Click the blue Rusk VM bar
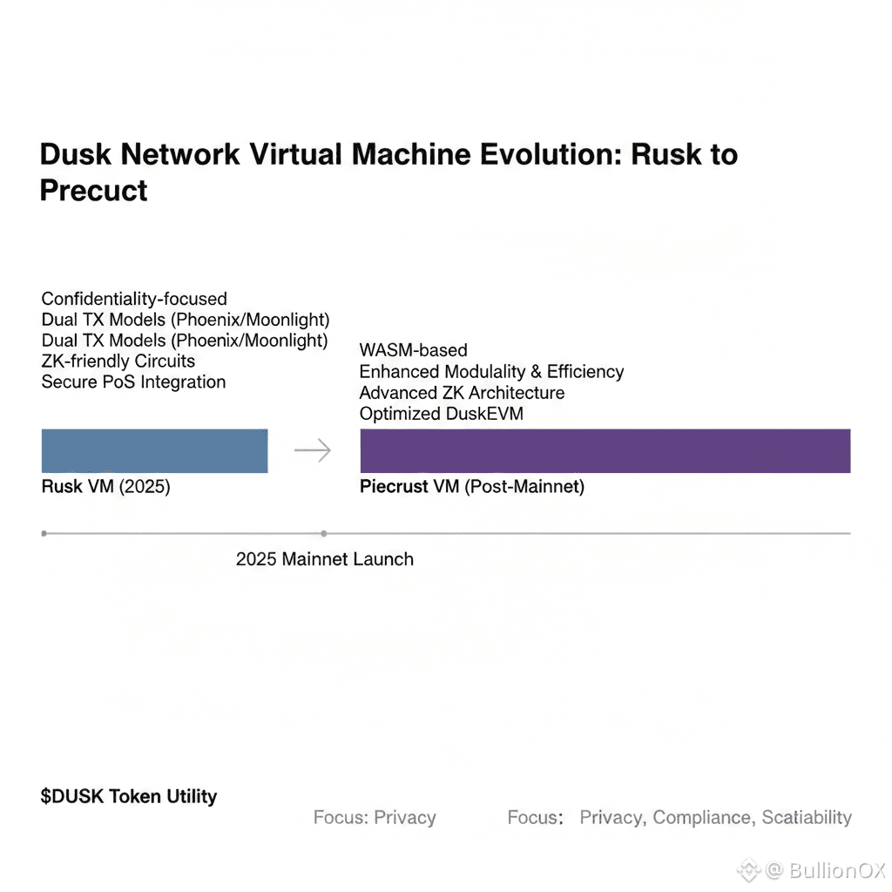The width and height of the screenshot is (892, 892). point(154,450)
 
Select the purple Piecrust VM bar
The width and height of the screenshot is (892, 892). point(605,450)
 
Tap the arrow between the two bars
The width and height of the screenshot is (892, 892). point(313,450)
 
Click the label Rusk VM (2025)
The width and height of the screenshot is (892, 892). point(105,487)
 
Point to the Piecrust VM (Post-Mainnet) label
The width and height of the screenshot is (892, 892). point(471,487)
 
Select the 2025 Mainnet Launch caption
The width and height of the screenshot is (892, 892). point(324,559)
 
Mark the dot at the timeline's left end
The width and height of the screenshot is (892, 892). point(44,532)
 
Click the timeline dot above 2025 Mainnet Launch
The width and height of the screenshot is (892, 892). point(324,532)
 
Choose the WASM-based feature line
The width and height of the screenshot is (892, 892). point(413,350)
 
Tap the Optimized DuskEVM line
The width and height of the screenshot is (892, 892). point(441,414)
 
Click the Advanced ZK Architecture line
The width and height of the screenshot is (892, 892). point(462,393)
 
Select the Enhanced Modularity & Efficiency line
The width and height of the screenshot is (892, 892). point(491,372)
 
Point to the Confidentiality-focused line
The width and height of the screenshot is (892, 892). point(134,299)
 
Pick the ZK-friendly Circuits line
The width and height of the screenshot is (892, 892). point(118,361)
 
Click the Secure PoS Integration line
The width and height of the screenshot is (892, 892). point(133,382)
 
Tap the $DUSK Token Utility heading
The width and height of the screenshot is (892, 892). point(128,795)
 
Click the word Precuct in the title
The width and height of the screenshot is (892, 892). point(93,191)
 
